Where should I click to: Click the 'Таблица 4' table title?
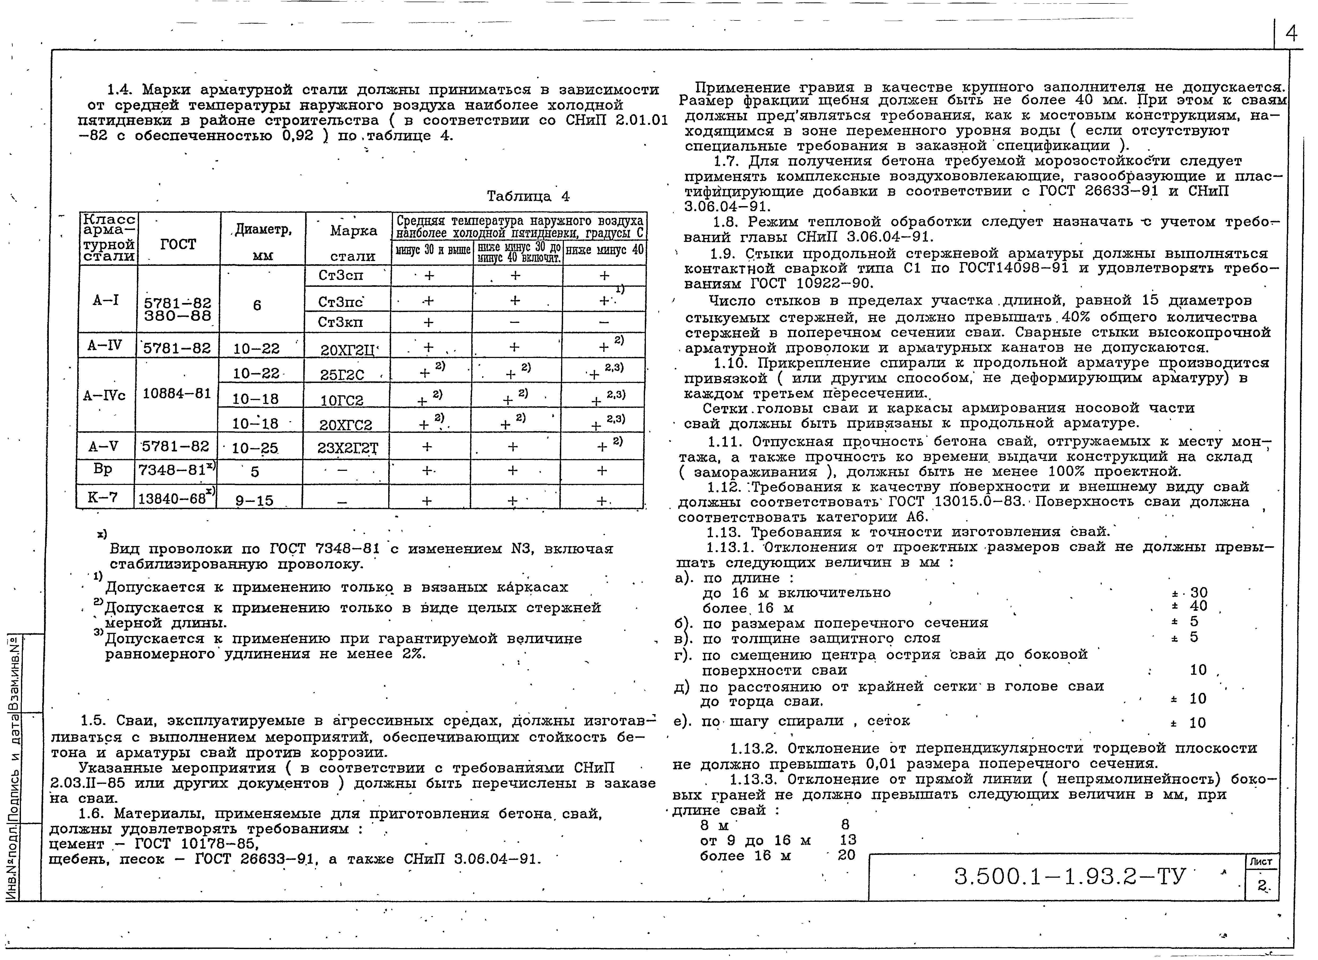point(528,197)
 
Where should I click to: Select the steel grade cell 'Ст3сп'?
point(340,276)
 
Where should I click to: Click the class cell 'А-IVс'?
point(105,396)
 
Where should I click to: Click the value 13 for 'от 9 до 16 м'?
point(848,840)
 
